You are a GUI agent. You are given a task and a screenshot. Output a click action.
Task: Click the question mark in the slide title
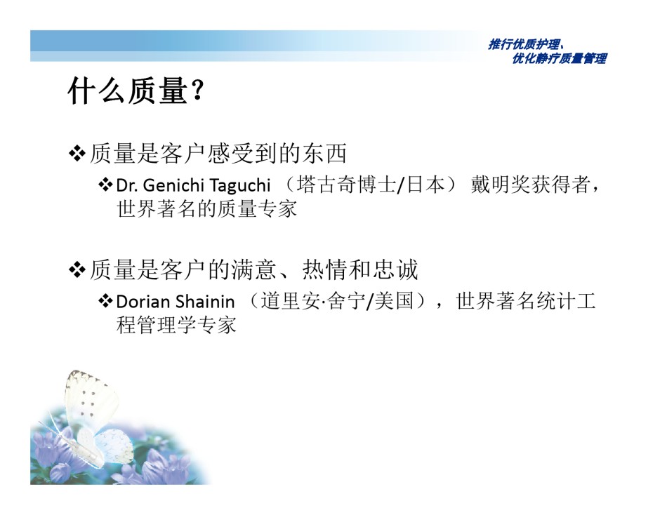coord(197,90)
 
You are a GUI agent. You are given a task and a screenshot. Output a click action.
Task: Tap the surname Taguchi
coord(240,186)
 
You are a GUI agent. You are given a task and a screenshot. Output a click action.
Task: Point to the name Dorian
coord(143,302)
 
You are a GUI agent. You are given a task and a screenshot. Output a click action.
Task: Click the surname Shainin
coord(204,302)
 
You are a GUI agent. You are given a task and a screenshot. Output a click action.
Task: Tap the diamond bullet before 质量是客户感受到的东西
coord(77,154)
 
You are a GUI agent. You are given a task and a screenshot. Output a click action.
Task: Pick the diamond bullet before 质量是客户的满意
coord(77,269)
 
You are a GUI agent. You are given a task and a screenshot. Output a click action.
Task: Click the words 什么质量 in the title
coord(128,91)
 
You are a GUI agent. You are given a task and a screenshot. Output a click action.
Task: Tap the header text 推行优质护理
coord(524,44)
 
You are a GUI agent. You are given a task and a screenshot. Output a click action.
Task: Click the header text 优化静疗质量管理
coord(560,58)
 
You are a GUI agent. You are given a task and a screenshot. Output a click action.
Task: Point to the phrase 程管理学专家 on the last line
coord(176,325)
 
